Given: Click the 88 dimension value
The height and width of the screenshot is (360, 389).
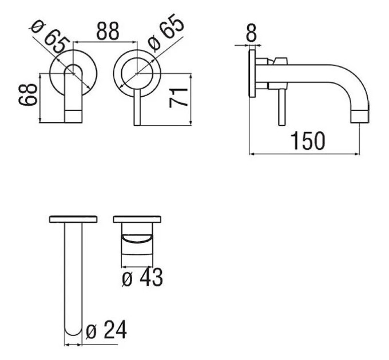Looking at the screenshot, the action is click(x=108, y=31).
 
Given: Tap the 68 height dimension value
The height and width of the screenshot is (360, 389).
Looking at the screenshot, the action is click(x=28, y=95).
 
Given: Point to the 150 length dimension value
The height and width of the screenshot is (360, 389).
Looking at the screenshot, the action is click(x=307, y=141).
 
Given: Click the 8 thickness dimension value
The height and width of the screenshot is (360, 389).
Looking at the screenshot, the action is click(x=251, y=33).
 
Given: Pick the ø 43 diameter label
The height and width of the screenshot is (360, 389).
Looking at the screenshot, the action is click(x=142, y=277).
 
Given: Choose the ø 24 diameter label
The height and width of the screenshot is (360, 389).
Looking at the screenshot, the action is click(x=106, y=330).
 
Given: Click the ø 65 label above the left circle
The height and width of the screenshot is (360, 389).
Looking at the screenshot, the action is click(x=49, y=37).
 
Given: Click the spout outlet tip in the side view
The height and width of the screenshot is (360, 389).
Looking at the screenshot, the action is click(x=360, y=117).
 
